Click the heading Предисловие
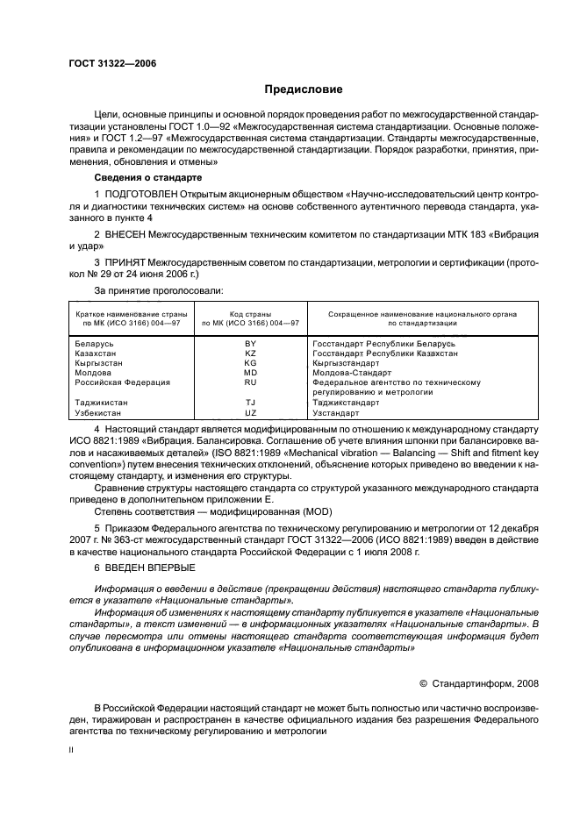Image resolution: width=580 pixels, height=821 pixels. point(304,89)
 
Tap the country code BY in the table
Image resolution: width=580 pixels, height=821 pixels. point(250,345)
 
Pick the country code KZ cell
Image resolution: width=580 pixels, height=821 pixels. point(250,353)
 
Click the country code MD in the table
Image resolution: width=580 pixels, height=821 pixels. point(250,373)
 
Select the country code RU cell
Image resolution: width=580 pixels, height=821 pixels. point(250,382)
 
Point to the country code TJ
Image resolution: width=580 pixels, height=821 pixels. point(250,402)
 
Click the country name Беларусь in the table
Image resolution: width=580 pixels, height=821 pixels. point(95,345)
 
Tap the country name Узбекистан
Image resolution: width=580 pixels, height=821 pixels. point(100,411)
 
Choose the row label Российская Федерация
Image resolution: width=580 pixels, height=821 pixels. point(119,382)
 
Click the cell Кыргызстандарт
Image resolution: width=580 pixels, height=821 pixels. point(346,363)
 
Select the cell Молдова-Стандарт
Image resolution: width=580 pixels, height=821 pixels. point(348,373)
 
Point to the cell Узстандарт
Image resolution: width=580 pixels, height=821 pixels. point(336,411)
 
